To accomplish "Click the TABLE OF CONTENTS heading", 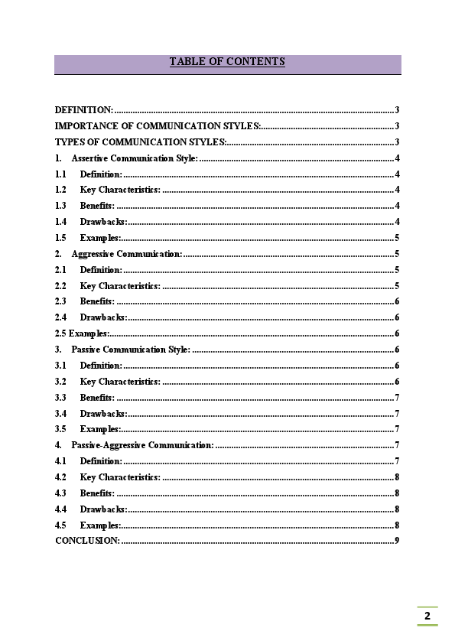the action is point(227,62).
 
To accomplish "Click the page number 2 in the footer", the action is point(427,616).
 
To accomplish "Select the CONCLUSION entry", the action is point(87,541).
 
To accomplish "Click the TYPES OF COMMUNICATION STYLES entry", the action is point(141,142).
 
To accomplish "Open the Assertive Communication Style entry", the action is point(135,158).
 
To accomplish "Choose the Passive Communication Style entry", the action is point(131,350).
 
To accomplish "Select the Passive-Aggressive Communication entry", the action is point(142,445).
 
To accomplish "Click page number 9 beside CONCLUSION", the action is point(397,541).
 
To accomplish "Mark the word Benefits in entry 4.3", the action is point(97,493).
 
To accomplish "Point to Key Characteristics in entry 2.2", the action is point(119,286).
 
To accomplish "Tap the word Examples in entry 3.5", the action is point(100,429).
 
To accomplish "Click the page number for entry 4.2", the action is point(397,477).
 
